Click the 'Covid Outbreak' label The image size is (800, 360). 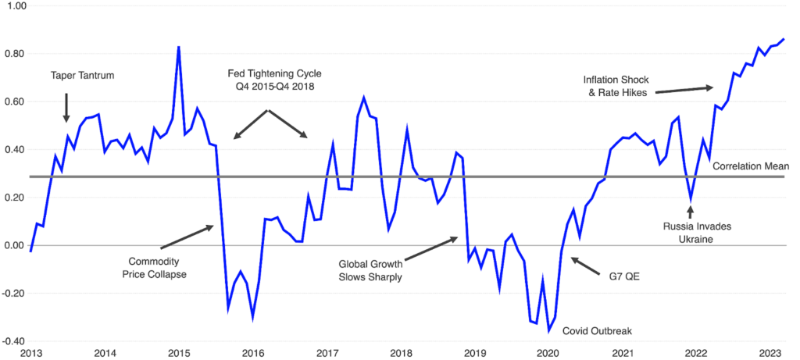click(598, 331)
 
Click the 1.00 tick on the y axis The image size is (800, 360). click(16, 6)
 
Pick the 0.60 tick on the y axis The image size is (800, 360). click(16, 102)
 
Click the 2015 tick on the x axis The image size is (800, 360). click(179, 354)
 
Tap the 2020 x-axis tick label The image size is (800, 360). click(550, 354)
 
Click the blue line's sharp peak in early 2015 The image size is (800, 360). click(179, 47)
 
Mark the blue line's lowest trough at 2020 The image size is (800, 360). click(549, 331)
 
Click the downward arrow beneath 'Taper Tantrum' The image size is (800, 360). click(66, 106)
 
